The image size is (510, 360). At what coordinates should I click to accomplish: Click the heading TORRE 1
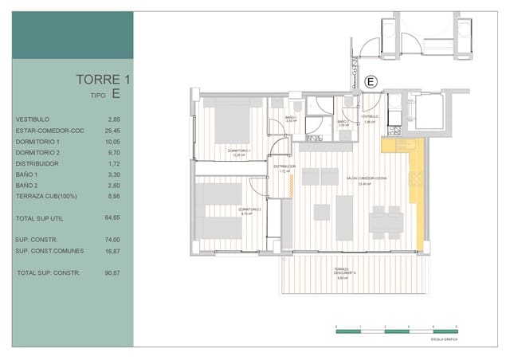coord(102,79)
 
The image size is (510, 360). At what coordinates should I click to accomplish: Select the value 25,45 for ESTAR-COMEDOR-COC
coord(112,131)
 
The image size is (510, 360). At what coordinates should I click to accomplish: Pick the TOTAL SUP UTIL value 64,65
coord(112,217)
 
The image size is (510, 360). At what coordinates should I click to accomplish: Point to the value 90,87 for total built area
coord(112,273)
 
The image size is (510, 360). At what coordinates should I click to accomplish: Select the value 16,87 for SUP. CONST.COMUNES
coord(112,250)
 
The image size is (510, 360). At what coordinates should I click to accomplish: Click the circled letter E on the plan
coord(370,81)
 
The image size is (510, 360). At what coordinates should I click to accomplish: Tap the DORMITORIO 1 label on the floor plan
coord(238,151)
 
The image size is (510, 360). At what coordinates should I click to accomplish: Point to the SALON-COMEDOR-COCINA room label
coord(366,179)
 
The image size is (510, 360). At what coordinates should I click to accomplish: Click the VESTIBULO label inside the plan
coord(368,117)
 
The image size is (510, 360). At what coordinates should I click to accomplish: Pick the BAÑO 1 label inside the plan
coord(291,118)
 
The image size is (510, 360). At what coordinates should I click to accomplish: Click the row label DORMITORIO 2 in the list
coord(37,151)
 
